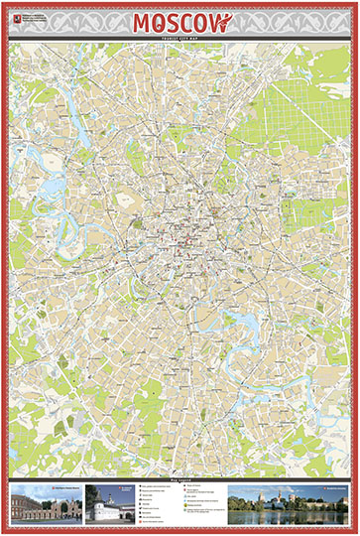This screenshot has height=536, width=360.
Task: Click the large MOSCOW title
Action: pos(180,22)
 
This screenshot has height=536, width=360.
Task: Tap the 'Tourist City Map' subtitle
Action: pos(180,39)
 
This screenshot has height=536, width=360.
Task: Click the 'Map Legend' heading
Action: pos(180,479)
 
